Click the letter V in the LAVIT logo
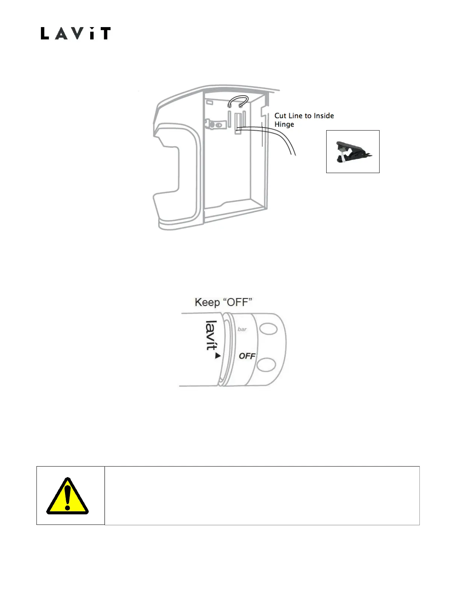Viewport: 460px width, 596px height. coord(74,33)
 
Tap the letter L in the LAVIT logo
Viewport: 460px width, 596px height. coord(44,33)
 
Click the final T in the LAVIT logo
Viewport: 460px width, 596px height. coord(104,33)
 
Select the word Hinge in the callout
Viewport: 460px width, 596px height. coord(284,125)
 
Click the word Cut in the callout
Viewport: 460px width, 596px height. coord(280,116)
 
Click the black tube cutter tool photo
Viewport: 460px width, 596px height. coord(352,152)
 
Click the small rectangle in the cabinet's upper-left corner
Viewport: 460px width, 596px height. coord(210,102)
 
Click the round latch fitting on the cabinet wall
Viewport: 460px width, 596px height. coord(216,124)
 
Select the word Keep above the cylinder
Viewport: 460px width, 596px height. coord(207,302)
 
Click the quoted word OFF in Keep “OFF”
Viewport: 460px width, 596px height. coord(237,302)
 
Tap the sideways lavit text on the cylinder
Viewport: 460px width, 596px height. coord(211,335)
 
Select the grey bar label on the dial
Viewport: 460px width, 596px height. coord(242,329)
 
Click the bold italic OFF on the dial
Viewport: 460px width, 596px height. coord(247,356)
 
